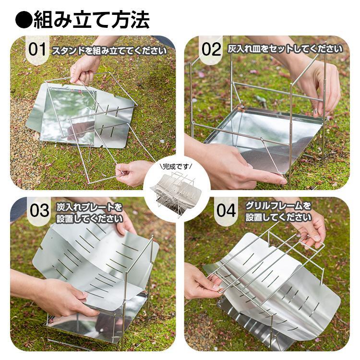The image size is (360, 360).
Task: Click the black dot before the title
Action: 24,20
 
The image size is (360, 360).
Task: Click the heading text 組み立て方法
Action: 92,20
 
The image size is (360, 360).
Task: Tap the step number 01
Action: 37,49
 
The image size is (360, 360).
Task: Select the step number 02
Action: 211,49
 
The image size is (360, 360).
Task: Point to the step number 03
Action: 39,211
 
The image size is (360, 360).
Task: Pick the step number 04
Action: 226,211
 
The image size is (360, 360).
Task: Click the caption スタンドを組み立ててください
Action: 109,51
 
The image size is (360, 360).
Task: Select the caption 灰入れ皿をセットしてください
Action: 285,49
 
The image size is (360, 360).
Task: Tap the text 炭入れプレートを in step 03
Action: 89,207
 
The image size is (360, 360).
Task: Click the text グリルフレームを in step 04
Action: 278,206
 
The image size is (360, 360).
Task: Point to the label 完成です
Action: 177,167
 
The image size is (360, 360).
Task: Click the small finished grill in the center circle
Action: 176,192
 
